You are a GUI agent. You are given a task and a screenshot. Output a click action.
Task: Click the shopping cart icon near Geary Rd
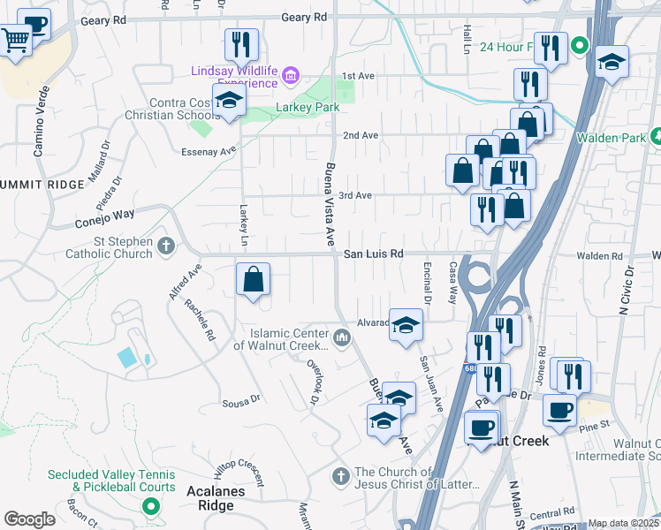[x=17, y=41]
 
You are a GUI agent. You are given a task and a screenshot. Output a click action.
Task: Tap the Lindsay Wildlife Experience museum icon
[x=289, y=77]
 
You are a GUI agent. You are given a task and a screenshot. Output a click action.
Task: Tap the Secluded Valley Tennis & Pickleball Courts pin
[x=150, y=507]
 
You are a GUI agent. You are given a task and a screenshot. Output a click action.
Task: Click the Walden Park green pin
[x=656, y=138]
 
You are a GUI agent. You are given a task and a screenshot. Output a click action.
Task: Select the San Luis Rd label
[x=373, y=254]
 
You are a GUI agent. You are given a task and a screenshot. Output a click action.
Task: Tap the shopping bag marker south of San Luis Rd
[x=253, y=281]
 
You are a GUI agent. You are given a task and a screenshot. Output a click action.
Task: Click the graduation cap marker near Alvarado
[x=406, y=326]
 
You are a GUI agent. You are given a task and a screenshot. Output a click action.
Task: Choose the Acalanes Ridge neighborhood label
[x=199, y=505]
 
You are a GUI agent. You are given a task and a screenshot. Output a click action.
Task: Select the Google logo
[x=29, y=519]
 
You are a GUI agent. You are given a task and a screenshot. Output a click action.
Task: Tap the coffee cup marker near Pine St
[x=558, y=410]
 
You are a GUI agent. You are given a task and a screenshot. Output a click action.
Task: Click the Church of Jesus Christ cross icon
[x=341, y=477]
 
